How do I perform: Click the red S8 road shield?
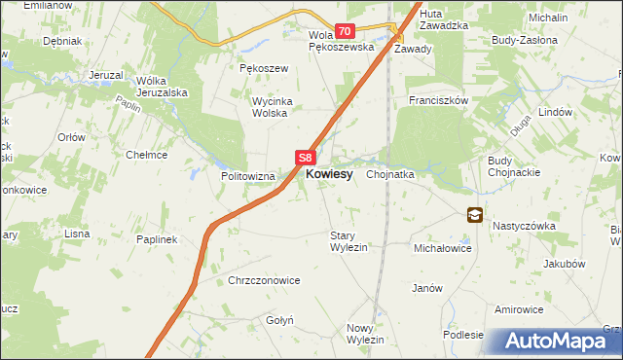[x=306, y=157]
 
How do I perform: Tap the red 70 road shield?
[x=345, y=32]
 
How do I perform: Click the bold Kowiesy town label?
[x=329, y=174]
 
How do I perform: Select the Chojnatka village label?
[x=391, y=175]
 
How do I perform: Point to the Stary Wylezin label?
[x=348, y=241]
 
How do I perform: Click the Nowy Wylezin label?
[x=366, y=333]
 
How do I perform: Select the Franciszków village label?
[x=439, y=100]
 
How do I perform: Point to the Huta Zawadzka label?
[x=448, y=19]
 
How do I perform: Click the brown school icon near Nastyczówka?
[x=474, y=215]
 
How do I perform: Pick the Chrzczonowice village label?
[x=264, y=280]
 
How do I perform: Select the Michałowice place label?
[x=443, y=249]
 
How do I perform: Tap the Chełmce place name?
[x=147, y=155]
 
